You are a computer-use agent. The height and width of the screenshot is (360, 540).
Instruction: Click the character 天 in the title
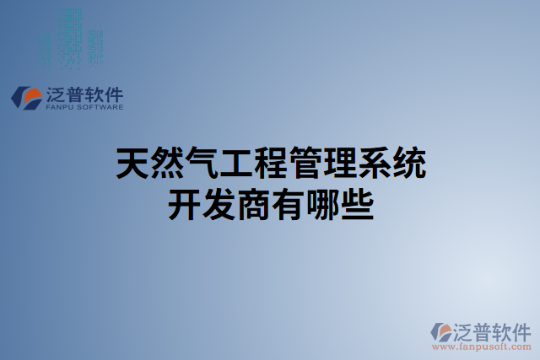tap(132, 163)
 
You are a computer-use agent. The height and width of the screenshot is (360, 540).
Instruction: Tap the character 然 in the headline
tap(167, 163)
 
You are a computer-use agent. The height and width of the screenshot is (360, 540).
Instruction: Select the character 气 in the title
tap(202, 163)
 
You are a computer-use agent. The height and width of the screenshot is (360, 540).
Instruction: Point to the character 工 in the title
tap(236, 163)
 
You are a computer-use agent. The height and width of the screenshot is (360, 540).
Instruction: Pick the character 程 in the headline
tap(270, 163)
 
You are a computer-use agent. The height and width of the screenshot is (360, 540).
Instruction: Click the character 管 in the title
tap(305, 163)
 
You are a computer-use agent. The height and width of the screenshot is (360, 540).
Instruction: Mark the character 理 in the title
tap(339, 163)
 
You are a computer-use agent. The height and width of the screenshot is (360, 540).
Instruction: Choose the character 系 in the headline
tap(374, 163)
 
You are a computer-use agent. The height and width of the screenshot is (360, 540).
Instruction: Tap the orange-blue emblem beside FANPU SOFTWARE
tap(27, 97)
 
